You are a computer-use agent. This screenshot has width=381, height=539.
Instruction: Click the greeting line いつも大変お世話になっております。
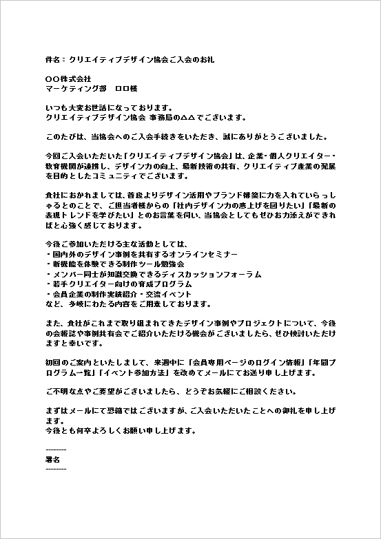tap(108, 108)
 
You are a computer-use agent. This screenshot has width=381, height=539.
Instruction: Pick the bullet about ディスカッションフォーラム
tap(153, 274)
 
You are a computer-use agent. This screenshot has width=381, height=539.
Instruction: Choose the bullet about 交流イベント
tap(124, 293)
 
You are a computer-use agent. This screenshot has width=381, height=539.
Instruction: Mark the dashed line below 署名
tap(55, 469)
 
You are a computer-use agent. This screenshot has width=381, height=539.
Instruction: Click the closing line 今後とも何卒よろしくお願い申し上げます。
tap(121, 431)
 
